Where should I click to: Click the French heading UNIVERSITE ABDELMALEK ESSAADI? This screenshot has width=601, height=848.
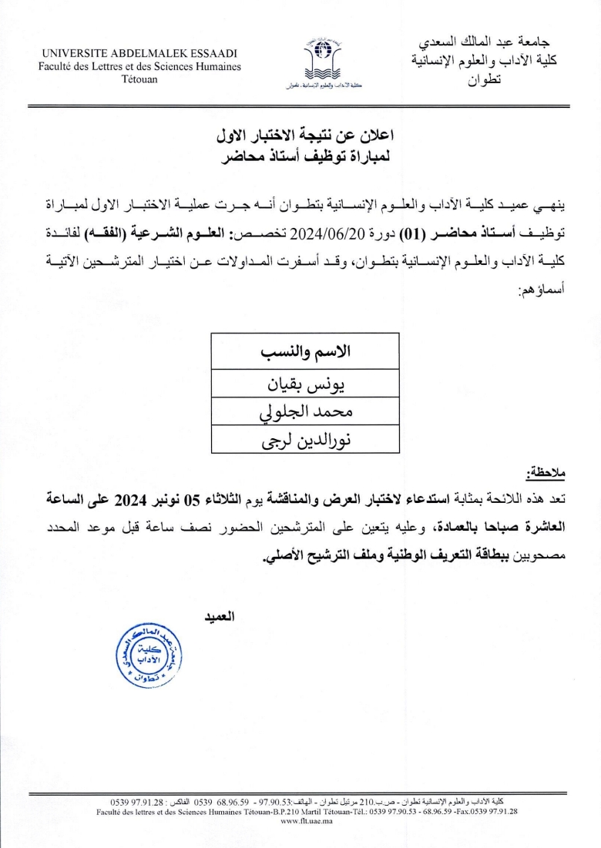(139, 54)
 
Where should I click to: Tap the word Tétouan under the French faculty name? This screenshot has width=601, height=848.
(139, 79)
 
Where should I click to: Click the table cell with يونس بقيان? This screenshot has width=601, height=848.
(305, 385)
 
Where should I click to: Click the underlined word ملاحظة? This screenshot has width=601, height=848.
(548, 471)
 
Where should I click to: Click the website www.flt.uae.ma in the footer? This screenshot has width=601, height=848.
(306, 821)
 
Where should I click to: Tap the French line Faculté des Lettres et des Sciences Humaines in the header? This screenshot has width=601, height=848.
(139, 67)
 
